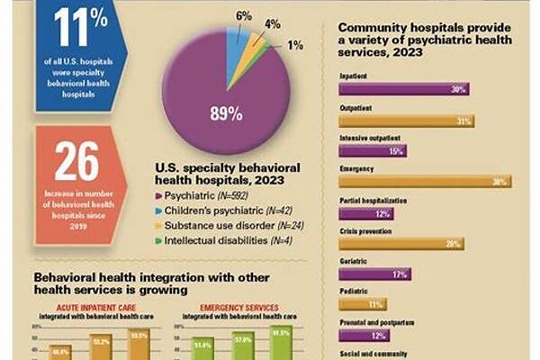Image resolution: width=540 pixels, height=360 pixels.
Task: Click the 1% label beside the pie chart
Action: pyautogui.click(x=295, y=46)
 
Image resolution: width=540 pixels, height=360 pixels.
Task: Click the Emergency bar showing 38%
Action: pyautogui.click(x=422, y=181)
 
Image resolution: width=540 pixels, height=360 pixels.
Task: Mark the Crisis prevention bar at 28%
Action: pyautogui.click(x=401, y=244)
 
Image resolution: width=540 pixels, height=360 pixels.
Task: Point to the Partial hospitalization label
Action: pyautogui.click(x=376, y=199)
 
